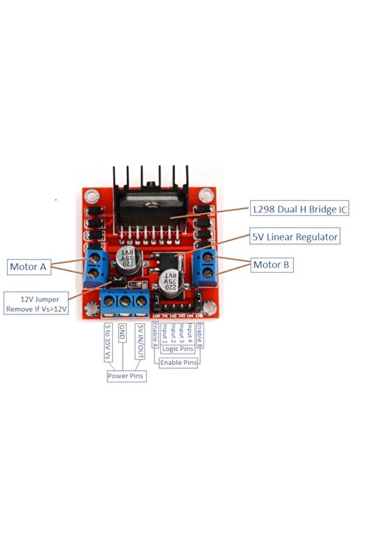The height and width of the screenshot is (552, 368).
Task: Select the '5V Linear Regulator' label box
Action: pyautogui.click(x=294, y=236)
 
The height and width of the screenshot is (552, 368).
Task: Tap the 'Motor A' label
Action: pyautogui.click(x=28, y=267)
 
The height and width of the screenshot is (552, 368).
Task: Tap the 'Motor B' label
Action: pyautogui.click(x=272, y=265)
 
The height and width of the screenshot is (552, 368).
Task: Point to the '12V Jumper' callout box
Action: pyautogui.click(x=36, y=303)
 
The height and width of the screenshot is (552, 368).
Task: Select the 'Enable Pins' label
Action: pyautogui.click(x=180, y=363)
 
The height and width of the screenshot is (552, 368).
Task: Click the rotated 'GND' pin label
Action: pyautogui.click(x=122, y=333)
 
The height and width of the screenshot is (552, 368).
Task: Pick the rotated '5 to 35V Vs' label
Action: pyautogui.click(x=107, y=342)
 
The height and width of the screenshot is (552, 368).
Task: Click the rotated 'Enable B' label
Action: pyautogui.click(x=200, y=336)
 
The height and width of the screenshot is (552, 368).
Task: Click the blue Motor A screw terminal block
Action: pyautogui.click(x=97, y=265)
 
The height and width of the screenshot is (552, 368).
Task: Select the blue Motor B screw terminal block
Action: pyautogui.click(x=205, y=265)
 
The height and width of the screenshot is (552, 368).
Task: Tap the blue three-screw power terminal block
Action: pyautogui.click(x=125, y=303)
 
